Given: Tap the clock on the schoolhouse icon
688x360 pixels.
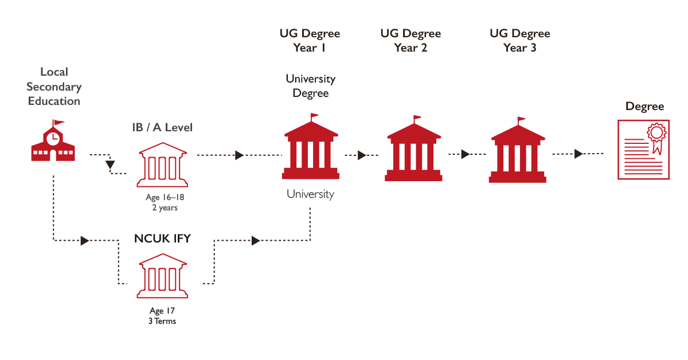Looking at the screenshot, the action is point(53,139).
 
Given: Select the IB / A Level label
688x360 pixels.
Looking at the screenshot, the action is point(162,127).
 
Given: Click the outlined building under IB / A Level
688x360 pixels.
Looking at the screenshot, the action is point(162,165).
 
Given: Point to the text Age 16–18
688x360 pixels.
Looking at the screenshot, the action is point(165,197).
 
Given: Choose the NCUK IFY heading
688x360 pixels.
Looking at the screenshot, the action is point(162,238).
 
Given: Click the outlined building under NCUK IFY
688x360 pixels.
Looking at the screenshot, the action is point(162,276).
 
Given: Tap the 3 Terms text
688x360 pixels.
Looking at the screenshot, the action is point(162,321).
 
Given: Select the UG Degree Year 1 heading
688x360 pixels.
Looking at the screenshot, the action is point(310,40).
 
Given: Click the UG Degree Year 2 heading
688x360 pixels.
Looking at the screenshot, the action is point(411,40).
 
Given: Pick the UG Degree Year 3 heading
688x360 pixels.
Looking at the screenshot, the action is point(520,40).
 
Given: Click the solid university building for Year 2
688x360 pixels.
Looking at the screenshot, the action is point(413,148).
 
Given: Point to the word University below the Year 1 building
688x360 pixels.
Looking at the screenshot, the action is point(310,194).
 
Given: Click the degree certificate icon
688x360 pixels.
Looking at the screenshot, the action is point(643,150).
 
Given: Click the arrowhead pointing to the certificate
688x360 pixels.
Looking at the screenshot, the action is point(578,154).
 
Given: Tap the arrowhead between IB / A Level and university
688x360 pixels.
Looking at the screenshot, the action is point(239,155).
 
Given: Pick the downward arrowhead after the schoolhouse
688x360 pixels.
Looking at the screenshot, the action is point(110,165).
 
